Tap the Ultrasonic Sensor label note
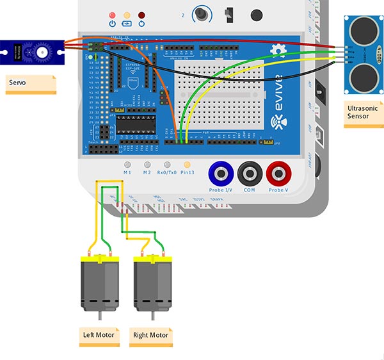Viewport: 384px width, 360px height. (363, 113)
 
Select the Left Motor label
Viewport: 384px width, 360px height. (99, 336)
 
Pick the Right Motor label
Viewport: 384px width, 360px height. (151, 336)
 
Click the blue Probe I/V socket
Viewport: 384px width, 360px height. (221, 172)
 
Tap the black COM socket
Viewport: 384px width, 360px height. (249, 172)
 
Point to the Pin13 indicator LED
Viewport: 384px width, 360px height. (188, 165)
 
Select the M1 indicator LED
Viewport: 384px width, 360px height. (127, 165)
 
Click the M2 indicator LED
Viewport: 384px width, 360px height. (147, 165)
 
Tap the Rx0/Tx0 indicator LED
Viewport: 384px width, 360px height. (168, 165)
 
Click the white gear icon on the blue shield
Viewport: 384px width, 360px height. (278, 51)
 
